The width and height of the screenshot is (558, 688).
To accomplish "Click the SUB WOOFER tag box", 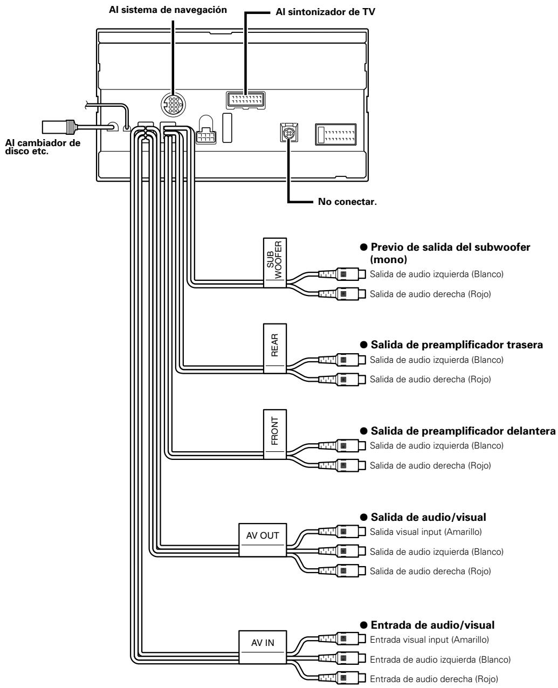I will [x=274, y=262].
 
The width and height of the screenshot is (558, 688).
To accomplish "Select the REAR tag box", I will [x=274, y=348].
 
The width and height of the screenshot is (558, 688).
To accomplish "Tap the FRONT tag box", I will [x=274, y=434].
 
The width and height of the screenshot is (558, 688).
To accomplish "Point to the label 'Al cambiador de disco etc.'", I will [x=42, y=146].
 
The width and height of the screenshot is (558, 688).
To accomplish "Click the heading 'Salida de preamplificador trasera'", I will [x=456, y=345].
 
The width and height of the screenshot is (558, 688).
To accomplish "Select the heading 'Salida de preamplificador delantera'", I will [x=462, y=431].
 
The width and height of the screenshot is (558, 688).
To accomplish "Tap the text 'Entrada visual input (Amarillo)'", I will [x=430, y=639].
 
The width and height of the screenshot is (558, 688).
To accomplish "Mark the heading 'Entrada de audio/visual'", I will [x=432, y=625].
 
